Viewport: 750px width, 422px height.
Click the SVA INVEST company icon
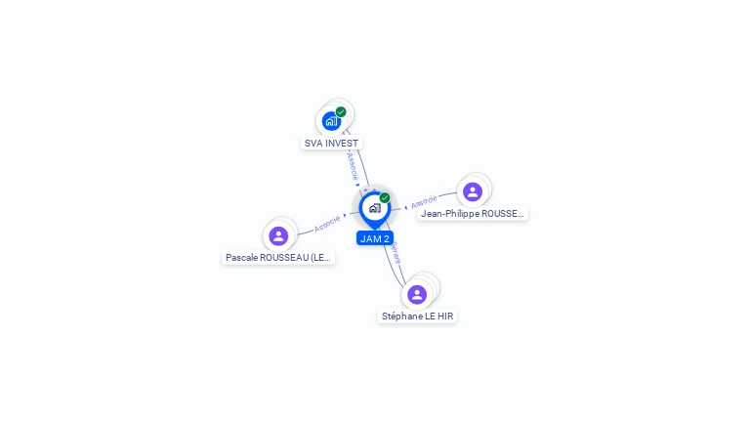pos(331,121)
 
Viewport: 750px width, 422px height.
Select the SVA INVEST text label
pos(331,143)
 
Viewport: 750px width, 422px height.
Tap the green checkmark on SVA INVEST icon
pos(341,111)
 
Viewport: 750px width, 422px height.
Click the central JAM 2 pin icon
pos(374,208)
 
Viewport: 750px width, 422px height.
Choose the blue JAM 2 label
pos(375,238)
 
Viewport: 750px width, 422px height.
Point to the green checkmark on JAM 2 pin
pos(385,197)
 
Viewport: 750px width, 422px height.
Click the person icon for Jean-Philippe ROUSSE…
pos(473,191)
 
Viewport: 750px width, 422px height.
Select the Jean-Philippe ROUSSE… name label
pos(473,213)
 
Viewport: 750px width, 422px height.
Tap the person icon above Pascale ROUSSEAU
pos(278,235)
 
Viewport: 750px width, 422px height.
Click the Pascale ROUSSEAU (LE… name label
pos(279,257)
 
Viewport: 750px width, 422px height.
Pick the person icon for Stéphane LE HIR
pos(417,294)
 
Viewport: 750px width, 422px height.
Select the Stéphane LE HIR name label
pos(417,316)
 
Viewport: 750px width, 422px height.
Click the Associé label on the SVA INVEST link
pos(353,164)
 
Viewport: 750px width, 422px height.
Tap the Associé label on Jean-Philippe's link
pos(424,202)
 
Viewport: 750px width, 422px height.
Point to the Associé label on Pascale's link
pos(327,223)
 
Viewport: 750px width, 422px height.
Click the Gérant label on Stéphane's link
pos(395,252)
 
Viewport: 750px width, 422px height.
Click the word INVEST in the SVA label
pos(342,143)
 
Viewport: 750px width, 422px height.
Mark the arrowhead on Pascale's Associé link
pos(345,215)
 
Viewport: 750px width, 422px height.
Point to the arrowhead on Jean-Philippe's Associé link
pos(405,207)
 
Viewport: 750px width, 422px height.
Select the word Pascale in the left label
pos(240,257)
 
